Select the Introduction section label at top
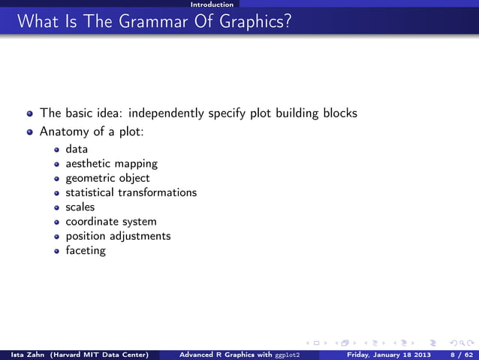click(212, 5)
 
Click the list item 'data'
click(77, 150)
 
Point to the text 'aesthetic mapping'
click(111, 164)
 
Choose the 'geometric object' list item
click(107, 178)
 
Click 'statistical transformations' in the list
click(131, 192)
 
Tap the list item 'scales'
click(80, 207)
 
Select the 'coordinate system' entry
click(111, 221)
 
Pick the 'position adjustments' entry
click(118, 235)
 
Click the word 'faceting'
click(86, 250)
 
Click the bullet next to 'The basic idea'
click(30, 114)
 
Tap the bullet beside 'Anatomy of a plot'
click(30, 132)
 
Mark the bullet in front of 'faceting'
click(56, 250)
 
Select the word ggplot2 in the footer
click(288, 354)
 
